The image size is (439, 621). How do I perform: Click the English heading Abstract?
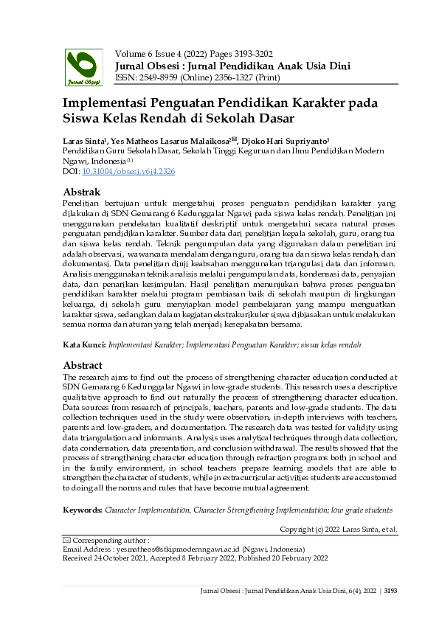(83, 364)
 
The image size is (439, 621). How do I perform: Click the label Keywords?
(83, 510)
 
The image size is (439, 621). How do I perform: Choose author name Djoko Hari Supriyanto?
(285, 140)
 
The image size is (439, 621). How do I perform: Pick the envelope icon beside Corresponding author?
(67, 541)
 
